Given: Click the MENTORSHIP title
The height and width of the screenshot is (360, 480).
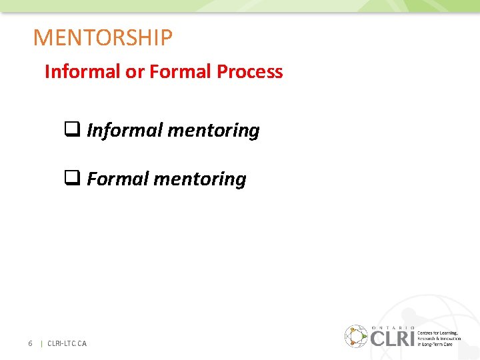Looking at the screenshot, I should (103, 37).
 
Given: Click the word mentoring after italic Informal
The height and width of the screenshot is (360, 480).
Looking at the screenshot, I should (213, 131).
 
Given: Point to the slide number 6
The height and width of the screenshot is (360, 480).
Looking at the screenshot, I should (30, 343).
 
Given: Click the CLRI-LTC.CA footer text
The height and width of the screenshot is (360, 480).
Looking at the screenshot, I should (67, 343).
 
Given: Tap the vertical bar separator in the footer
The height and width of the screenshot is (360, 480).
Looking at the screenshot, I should (42, 343).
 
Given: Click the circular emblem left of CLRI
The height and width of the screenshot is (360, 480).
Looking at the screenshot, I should (355, 336).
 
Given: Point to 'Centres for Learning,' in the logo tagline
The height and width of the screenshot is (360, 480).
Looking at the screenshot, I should (437, 333).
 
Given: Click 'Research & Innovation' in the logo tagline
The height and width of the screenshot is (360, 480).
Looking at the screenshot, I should (439, 338).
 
